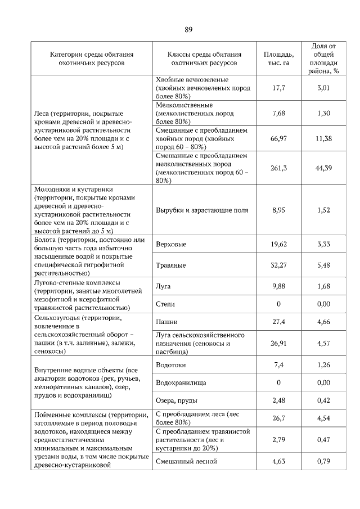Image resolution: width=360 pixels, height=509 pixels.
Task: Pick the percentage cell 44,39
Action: [x=323, y=168]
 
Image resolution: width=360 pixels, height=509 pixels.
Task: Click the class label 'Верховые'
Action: [x=170, y=245]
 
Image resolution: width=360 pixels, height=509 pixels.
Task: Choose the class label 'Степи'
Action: [x=165, y=304]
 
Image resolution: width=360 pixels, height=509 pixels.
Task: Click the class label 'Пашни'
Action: [x=166, y=322]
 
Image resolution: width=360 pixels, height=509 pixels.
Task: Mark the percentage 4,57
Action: [x=323, y=343]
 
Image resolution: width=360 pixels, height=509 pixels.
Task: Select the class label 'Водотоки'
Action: [x=169, y=365]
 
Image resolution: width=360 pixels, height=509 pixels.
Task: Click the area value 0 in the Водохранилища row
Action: [x=278, y=382]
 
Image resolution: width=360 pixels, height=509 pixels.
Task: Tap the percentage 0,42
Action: [x=323, y=400]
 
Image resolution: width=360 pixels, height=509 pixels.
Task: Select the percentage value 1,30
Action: [x=323, y=113]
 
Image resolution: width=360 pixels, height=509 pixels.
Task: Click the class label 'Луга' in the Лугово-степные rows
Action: [x=163, y=286]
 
